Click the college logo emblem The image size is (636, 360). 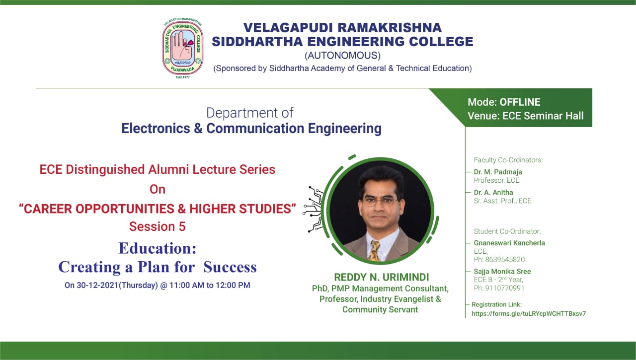pyautogui.click(x=182, y=47)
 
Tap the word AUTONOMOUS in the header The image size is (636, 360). pyautogui.click(x=342, y=55)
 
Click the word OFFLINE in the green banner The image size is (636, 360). pyautogui.click(x=520, y=102)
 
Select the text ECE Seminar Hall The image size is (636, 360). pyautogui.click(x=543, y=116)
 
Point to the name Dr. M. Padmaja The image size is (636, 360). pyautogui.click(x=498, y=172)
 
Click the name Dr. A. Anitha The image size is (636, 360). pyautogui.click(x=493, y=192)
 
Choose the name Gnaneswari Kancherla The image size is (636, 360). pyautogui.click(x=509, y=243)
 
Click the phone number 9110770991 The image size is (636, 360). pyautogui.click(x=504, y=288)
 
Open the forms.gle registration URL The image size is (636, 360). pyautogui.click(x=529, y=313)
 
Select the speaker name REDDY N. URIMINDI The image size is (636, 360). pyautogui.click(x=381, y=277)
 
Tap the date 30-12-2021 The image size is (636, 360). pyautogui.click(x=97, y=285)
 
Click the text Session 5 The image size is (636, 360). pyautogui.click(x=158, y=226)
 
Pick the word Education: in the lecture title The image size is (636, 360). pyautogui.click(x=158, y=248)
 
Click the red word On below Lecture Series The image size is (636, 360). pyautogui.click(x=158, y=189)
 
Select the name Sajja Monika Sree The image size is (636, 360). pyautogui.click(x=502, y=272)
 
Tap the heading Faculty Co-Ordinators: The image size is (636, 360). pyautogui.click(x=508, y=160)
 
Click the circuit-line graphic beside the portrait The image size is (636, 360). pyautogui.click(x=314, y=209)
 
